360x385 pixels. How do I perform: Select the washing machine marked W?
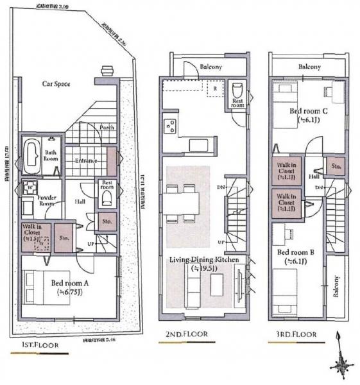[30, 188]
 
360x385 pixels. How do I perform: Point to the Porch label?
[107, 127]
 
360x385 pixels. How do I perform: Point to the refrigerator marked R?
[214, 89]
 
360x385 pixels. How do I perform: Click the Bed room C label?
[308, 111]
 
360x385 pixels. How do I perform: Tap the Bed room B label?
[295, 253]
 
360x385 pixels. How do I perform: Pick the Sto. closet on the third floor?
[335, 166]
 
